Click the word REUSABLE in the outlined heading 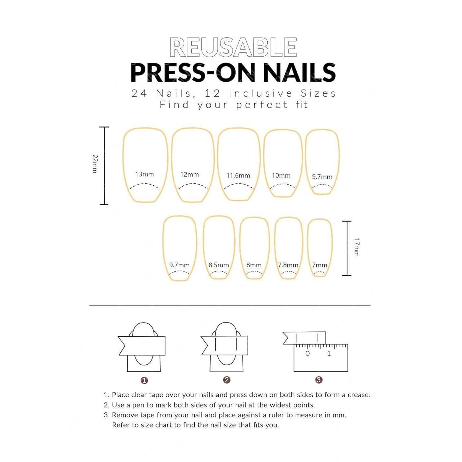pos(233,47)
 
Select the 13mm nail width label pos(144,174)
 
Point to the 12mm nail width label pos(189,175)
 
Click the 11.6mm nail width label pos(238,176)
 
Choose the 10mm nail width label pos(281,176)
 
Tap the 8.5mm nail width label pos(219,265)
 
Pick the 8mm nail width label pos(254,265)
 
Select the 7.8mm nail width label pos(288,265)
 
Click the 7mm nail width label pos(320,265)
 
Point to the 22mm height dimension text pos(95,164)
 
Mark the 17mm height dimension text pos(357,247)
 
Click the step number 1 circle pos(144,380)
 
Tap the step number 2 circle pos(227,380)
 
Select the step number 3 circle pos(319,380)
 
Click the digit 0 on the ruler pos(307,354)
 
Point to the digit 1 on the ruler pos(329,354)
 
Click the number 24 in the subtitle pos(139,93)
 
